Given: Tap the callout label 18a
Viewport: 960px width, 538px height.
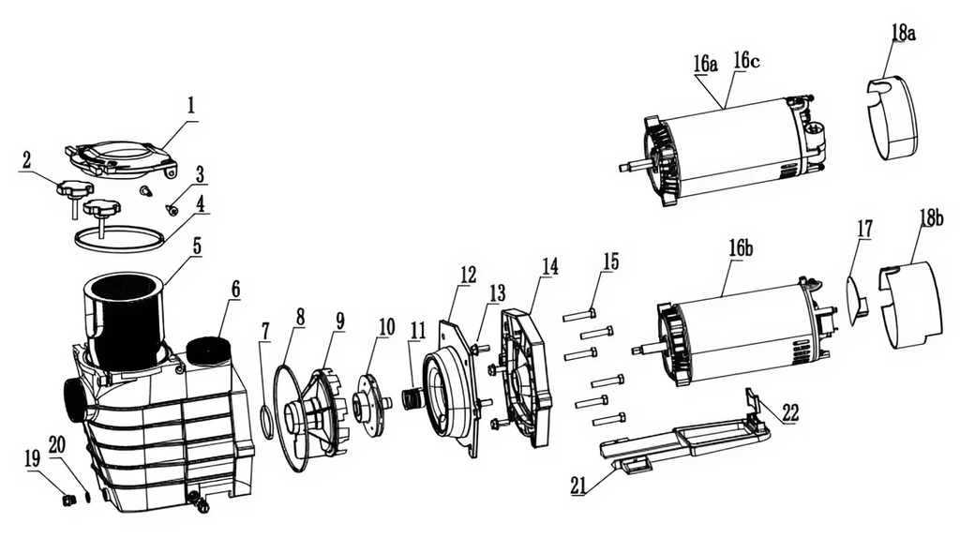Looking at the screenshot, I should [901, 33].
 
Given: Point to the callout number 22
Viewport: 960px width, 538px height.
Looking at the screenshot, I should [790, 412].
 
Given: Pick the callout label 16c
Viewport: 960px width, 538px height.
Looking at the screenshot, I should [747, 60].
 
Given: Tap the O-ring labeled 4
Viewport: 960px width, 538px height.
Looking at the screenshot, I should [118, 236].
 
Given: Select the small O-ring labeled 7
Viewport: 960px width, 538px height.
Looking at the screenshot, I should [266, 422].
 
